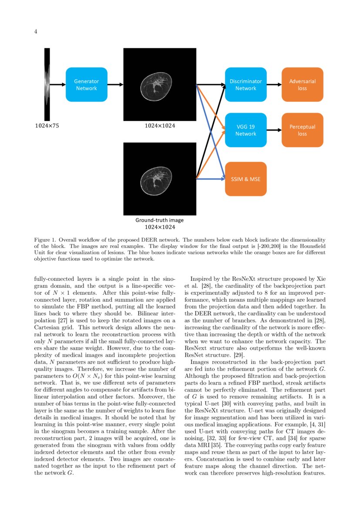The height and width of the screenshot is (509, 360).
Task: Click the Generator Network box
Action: pos(86,84)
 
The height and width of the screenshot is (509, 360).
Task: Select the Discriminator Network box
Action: pos(246,84)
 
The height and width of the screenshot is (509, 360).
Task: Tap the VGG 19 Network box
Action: pos(246,130)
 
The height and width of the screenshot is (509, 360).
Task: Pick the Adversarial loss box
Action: pos(302,84)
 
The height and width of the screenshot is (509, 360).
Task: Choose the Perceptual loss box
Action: pos(302,130)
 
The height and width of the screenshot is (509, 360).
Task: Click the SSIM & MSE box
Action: pos(246,179)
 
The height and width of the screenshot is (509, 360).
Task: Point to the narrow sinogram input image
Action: pos(47,84)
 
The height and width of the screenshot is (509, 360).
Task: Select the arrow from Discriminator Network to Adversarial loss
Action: pos(274,84)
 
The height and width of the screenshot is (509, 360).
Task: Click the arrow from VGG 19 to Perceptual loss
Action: pos(274,130)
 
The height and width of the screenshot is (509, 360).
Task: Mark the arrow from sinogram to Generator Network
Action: pos(57,84)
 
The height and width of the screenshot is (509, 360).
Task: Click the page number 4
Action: pos(36,31)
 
